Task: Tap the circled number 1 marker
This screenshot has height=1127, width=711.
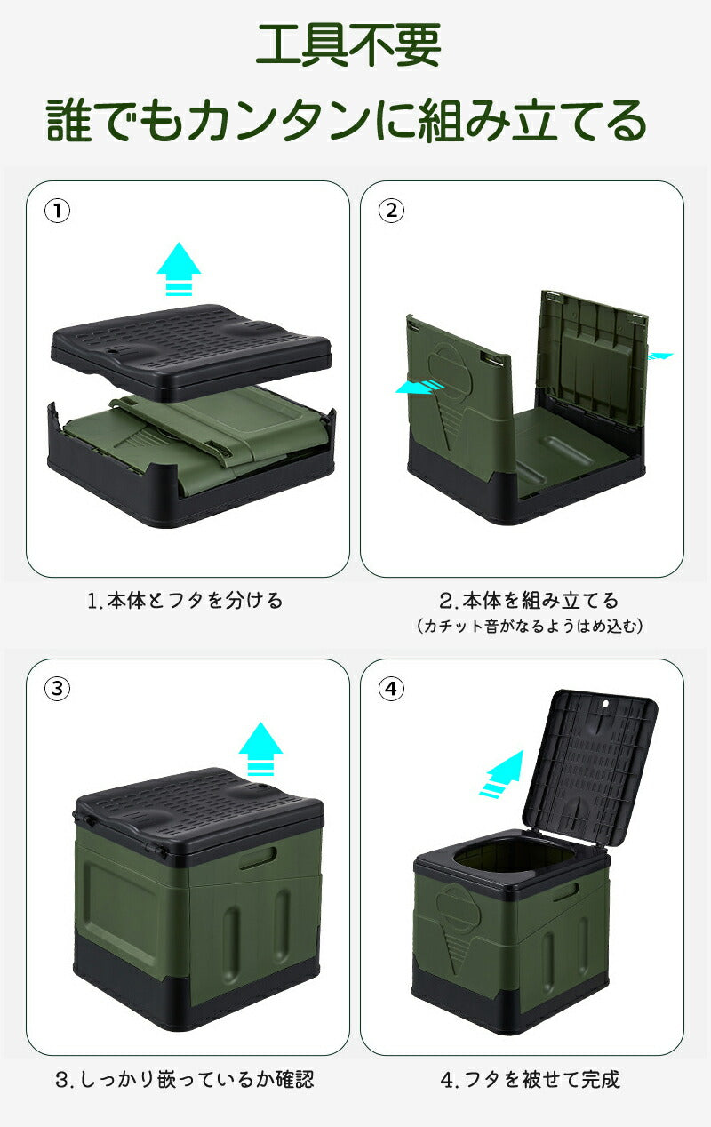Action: (x=58, y=212)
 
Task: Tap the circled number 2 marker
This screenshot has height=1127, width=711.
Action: (x=392, y=212)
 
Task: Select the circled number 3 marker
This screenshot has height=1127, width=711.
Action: (x=58, y=689)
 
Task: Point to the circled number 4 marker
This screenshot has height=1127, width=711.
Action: (x=392, y=689)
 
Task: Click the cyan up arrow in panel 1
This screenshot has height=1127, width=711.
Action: (x=179, y=268)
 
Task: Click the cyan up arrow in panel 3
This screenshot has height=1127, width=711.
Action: (x=260, y=749)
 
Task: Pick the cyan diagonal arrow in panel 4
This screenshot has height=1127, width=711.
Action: (x=502, y=772)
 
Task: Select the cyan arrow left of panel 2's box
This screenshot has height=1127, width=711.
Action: (x=419, y=387)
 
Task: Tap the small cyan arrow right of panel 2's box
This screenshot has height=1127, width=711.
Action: (x=659, y=356)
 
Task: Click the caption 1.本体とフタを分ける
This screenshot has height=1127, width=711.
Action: (x=185, y=601)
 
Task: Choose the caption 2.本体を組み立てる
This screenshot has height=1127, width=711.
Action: (x=529, y=601)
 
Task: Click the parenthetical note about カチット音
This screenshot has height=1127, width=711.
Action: (x=529, y=627)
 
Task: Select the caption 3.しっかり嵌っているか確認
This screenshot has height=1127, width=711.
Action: (x=185, y=1080)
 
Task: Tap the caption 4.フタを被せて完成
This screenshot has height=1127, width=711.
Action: (x=531, y=1080)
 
